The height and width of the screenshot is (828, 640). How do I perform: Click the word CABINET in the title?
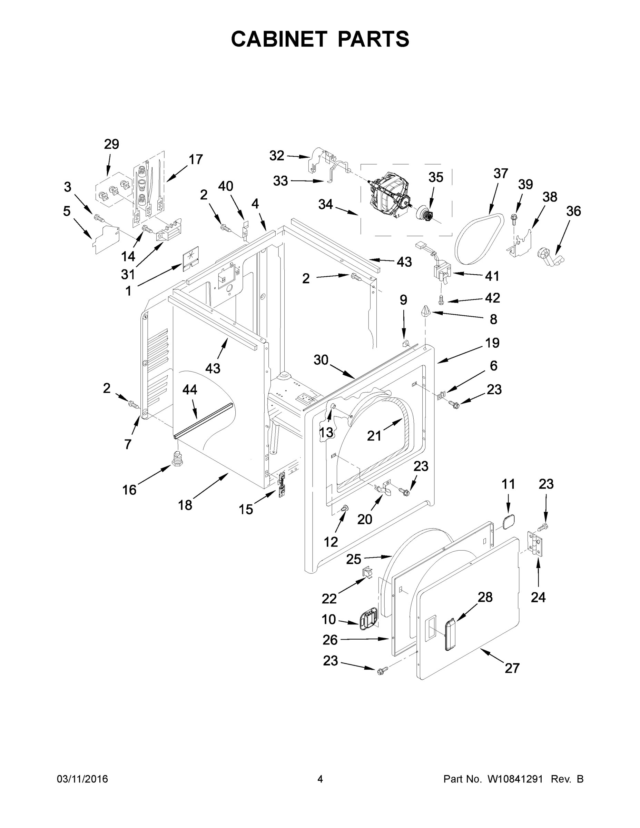(x=279, y=39)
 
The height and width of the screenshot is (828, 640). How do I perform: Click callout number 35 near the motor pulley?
(x=436, y=177)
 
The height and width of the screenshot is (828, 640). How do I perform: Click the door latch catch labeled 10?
(x=367, y=621)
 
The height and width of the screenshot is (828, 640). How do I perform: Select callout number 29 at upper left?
(x=111, y=144)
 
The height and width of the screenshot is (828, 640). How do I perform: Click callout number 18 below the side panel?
(x=185, y=505)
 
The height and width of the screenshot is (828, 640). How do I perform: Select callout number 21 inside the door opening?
(x=374, y=436)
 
